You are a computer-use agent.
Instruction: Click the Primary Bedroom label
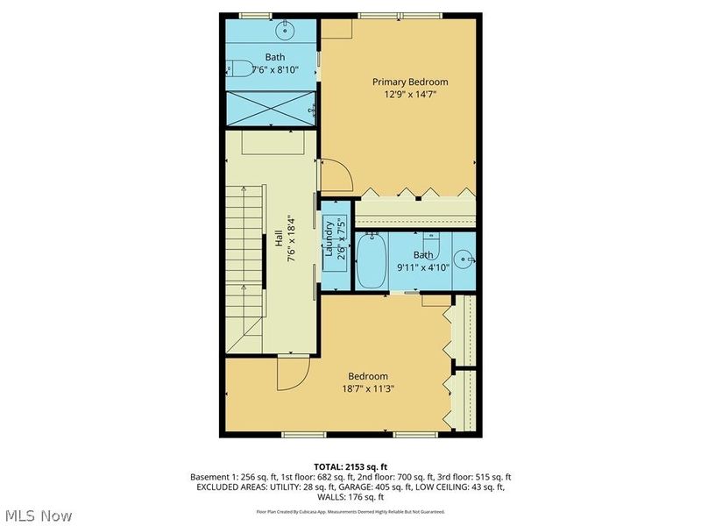click(400, 81)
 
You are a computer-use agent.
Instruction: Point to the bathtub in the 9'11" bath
click(371, 260)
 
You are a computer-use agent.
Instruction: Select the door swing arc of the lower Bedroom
click(294, 374)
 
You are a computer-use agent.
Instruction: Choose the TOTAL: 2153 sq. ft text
click(350, 465)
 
